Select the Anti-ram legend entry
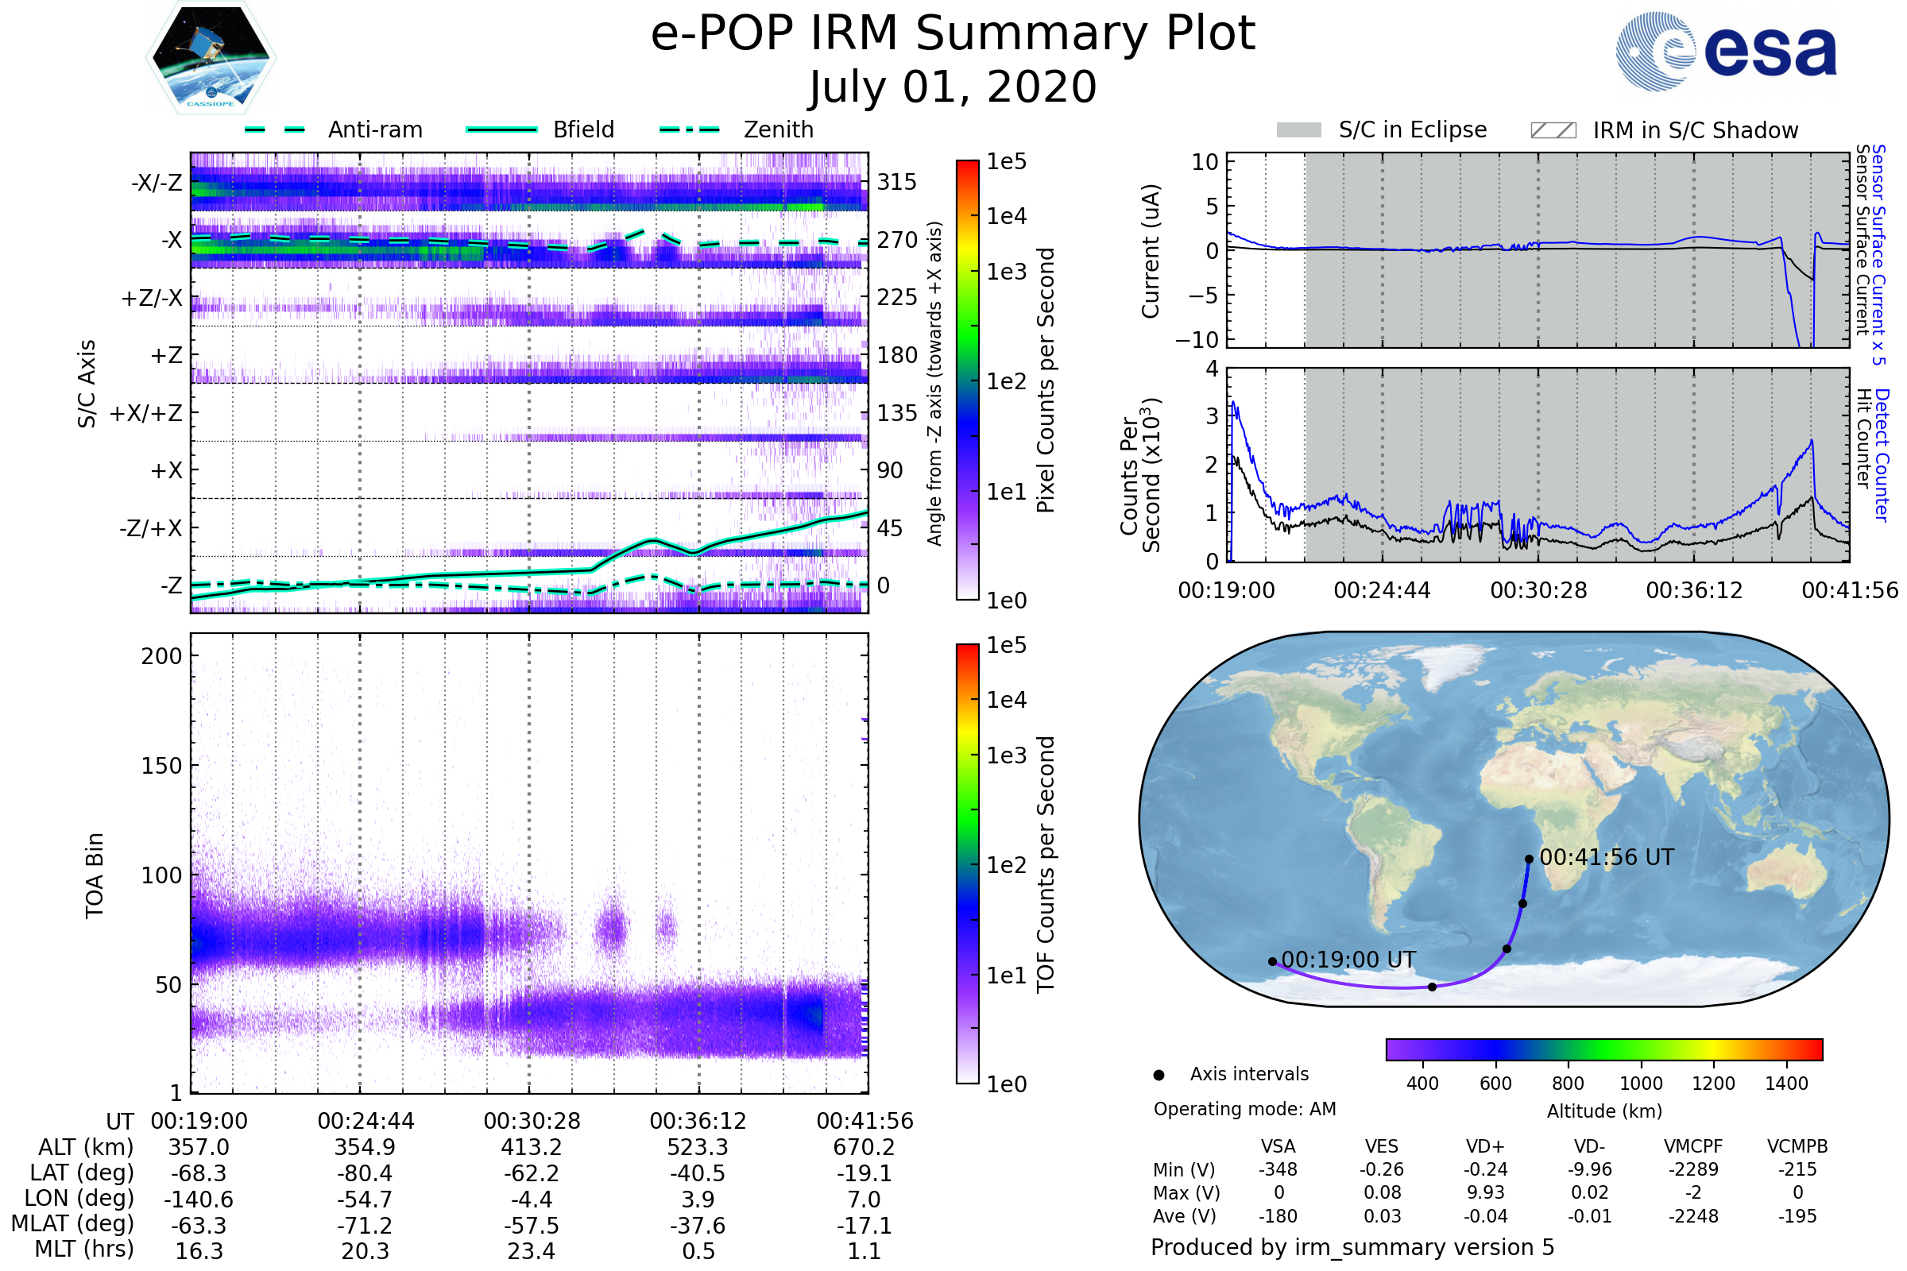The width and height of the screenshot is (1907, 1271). point(374,129)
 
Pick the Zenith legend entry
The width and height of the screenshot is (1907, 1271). point(778,129)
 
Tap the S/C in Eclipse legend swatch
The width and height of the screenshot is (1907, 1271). point(1298,130)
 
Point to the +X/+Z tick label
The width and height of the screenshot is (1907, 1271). point(146,413)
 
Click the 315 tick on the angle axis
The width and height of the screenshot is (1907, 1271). point(897,182)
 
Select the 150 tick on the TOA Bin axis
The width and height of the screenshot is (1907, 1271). point(161,766)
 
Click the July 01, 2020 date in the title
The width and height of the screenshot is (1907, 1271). point(953,87)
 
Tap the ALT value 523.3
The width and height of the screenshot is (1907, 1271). point(698,1147)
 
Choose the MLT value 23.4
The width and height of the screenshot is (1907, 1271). point(531,1250)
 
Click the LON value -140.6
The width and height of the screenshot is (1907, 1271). point(199,1199)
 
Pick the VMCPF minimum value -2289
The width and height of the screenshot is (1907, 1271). point(1693,1169)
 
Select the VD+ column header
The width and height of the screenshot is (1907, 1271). point(1484,1146)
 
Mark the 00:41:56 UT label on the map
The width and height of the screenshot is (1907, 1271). point(1606,858)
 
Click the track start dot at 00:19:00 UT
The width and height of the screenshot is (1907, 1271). point(1272,961)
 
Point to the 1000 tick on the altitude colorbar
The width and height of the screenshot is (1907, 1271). point(1640,1084)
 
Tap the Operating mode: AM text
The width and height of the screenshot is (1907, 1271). point(1244,1109)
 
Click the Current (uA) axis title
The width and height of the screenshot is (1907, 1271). point(1151,251)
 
